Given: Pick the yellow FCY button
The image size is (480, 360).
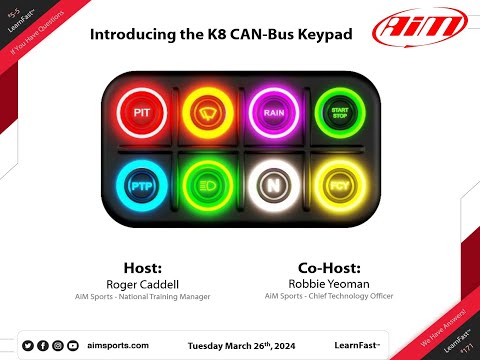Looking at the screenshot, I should (x=337, y=186).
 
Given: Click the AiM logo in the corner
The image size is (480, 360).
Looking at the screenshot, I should (x=419, y=27).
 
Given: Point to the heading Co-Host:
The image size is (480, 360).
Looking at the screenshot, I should (x=329, y=267).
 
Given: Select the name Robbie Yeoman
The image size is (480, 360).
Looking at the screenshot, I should (x=329, y=283).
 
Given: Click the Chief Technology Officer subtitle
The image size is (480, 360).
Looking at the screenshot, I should (x=329, y=297).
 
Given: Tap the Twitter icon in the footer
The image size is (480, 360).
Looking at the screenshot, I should (x=28, y=345).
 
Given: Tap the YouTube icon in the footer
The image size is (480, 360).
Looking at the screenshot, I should (x=73, y=345).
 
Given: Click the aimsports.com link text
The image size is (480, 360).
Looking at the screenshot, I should (x=118, y=345).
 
